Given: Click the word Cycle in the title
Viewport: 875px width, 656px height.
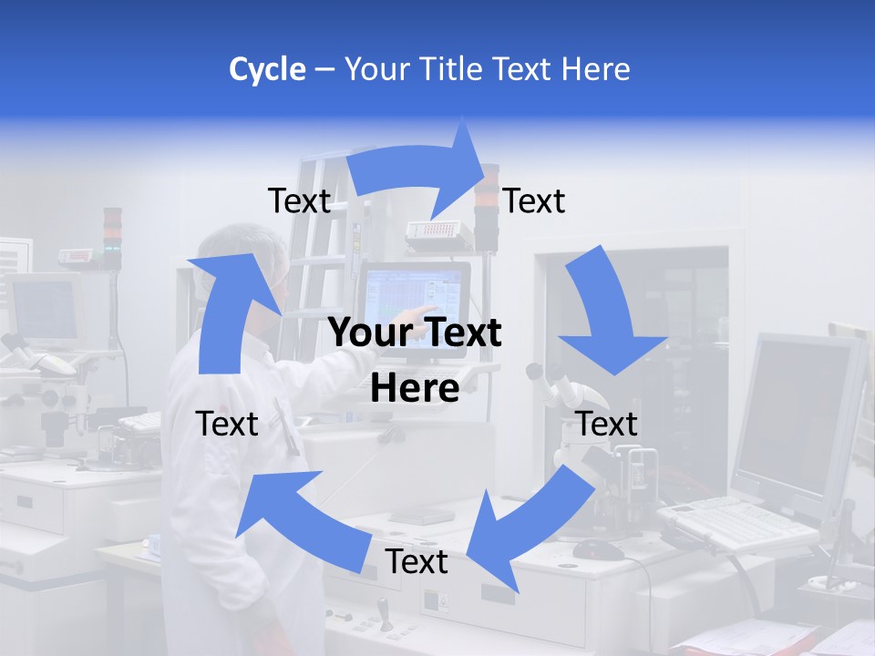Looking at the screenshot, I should [267, 69].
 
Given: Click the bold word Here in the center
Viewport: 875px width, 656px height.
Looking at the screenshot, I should [415, 388].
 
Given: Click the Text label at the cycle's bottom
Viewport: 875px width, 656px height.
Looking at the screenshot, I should [417, 562].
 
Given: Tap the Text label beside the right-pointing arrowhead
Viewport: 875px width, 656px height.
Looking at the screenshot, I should [534, 200].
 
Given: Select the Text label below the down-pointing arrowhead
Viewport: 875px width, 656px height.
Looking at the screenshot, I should [607, 424].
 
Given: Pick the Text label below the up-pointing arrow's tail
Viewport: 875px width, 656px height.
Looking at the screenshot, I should [227, 424].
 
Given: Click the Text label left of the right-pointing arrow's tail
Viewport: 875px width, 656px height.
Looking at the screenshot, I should [299, 200].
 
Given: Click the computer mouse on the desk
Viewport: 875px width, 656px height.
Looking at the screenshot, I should [598, 549].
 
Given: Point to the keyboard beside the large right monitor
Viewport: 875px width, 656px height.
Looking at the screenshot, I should [729, 524].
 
